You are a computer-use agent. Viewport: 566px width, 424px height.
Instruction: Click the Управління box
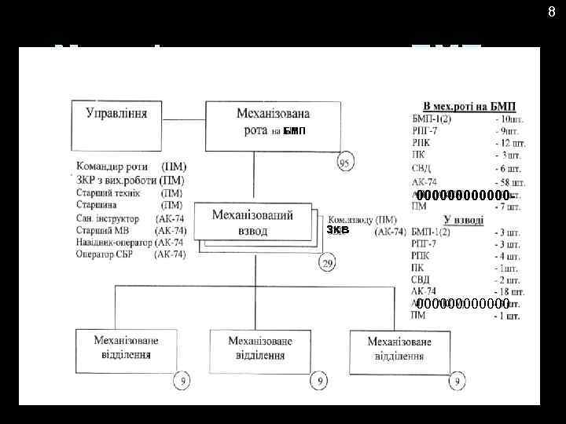pos(116,120)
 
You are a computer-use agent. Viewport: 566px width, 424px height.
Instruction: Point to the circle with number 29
pos(328,263)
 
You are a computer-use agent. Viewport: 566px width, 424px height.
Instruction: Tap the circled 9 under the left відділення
pos(182,383)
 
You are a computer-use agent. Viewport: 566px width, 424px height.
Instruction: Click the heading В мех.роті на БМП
pos(469,106)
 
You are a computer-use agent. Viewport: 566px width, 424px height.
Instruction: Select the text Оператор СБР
pos(105,254)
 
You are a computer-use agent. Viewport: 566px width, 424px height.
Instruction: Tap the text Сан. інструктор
pos(108,218)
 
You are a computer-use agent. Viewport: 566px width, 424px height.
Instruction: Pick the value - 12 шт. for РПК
pos(510,143)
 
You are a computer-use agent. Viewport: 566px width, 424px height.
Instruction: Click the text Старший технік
pos(108,193)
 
